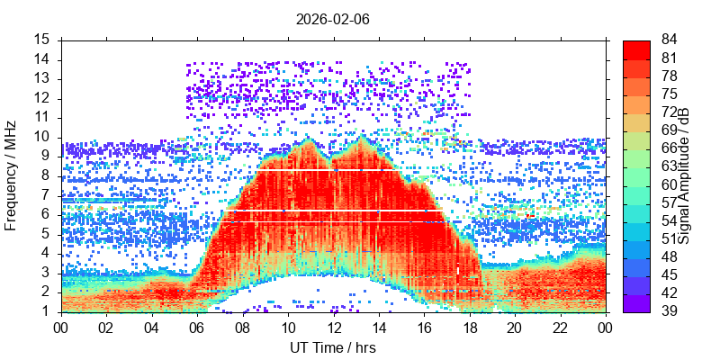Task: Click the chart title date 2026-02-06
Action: (333, 18)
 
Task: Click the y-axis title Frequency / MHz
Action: (12, 175)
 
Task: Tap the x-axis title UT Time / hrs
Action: (333, 347)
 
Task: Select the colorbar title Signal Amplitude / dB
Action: (684, 175)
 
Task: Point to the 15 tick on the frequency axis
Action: (42, 40)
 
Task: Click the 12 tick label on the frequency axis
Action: (42, 98)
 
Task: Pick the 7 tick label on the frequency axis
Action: (46, 195)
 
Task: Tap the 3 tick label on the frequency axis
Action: (46, 273)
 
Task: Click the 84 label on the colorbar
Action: (669, 40)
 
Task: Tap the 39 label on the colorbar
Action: (669, 311)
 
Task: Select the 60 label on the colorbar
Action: (669, 184)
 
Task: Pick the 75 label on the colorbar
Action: (669, 94)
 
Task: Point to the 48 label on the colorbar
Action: (669, 257)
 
